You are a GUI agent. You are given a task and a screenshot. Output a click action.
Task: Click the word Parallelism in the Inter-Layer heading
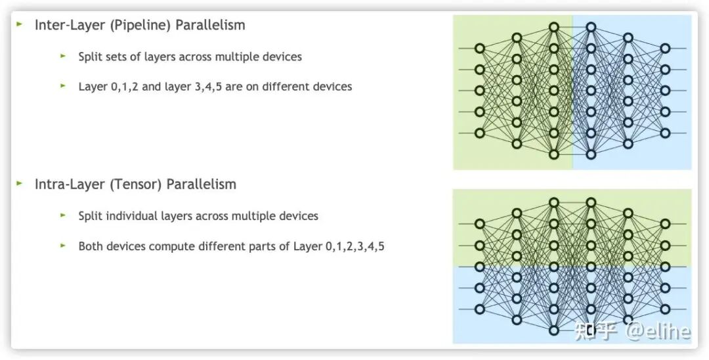pyautogui.click(x=210, y=26)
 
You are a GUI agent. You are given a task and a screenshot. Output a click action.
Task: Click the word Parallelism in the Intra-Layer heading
pyautogui.click(x=201, y=185)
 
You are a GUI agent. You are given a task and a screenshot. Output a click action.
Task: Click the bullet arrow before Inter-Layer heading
pyautogui.click(x=20, y=24)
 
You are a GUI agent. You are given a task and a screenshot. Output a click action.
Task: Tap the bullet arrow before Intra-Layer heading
pyautogui.click(x=20, y=183)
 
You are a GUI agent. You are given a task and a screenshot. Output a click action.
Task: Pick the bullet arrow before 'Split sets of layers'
pyautogui.click(x=63, y=56)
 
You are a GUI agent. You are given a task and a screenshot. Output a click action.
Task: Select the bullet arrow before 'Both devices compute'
pyautogui.click(x=63, y=245)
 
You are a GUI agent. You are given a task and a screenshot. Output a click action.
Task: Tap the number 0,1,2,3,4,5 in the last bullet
pyautogui.click(x=354, y=247)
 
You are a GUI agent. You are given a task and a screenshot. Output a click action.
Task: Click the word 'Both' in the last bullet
pyautogui.click(x=90, y=246)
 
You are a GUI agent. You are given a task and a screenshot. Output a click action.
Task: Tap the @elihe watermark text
pyautogui.click(x=657, y=330)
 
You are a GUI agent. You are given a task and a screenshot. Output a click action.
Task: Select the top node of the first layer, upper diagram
pyautogui.click(x=480, y=48)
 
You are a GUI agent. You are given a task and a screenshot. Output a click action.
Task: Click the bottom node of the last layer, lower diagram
pyautogui.click(x=665, y=309)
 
